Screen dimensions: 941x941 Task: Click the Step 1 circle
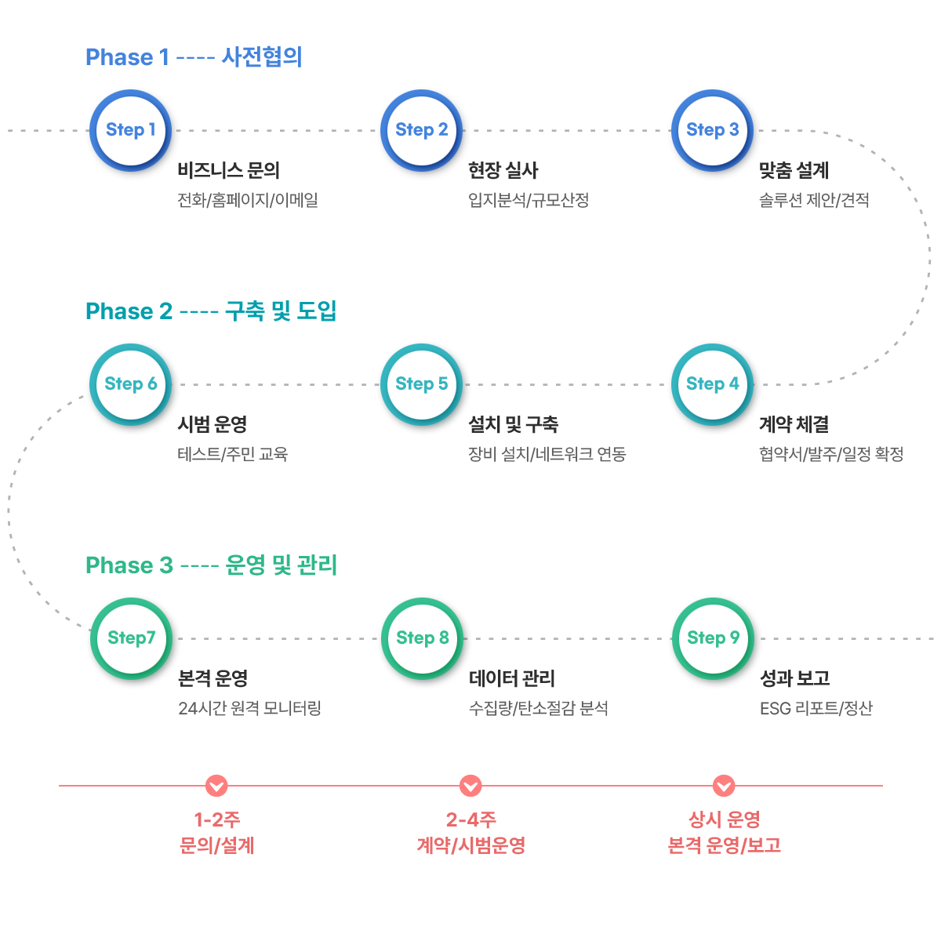pyautogui.click(x=130, y=130)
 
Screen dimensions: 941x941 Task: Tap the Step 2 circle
pyautogui.click(x=421, y=130)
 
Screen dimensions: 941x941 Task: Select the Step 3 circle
pyautogui.click(x=713, y=130)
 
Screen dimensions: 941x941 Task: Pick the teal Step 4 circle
pyautogui.click(x=713, y=384)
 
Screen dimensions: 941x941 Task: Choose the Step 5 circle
pyautogui.click(x=421, y=384)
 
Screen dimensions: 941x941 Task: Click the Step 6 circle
pyautogui.click(x=130, y=384)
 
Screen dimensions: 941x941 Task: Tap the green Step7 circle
pyautogui.click(x=132, y=638)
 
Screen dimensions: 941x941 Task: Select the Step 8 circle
pyautogui.click(x=423, y=638)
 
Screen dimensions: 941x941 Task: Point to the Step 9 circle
pyautogui.click(x=714, y=638)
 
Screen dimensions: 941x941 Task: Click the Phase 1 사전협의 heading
pyautogui.click(x=194, y=56)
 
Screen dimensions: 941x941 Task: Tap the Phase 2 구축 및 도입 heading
pyautogui.click(x=211, y=311)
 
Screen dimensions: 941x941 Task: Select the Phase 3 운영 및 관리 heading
pyautogui.click(x=211, y=565)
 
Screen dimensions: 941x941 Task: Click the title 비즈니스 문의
pyautogui.click(x=228, y=170)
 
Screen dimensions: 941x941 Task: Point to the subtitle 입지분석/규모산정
pyautogui.click(x=529, y=200)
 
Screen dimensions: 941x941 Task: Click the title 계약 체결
pyautogui.click(x=794, y=424)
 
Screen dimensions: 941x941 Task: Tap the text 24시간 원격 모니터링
pyautogui.click(x=249, y=707)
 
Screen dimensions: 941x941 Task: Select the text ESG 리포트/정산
pyautogui.click(x=816, y=707)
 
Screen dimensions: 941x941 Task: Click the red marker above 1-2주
pyautogui.click(x=216, y=786)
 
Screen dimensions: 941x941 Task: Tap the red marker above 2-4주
pyautogui.click(x=470, y=786)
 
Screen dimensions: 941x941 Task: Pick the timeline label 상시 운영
pyautogui.click(x=725, y=819)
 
